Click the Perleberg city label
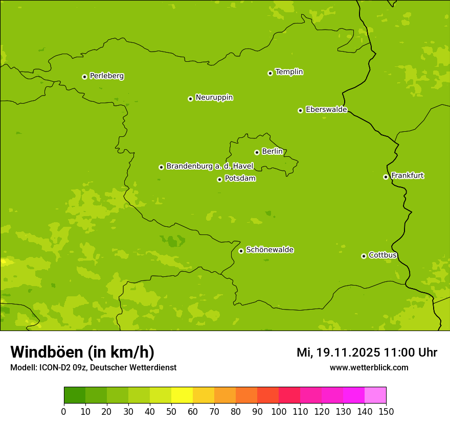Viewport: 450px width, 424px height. (x=106, y=76)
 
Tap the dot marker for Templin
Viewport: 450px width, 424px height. (x=270, y=73)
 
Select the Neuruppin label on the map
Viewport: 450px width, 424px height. (x=214, y=98)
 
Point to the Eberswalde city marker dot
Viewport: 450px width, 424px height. (x=300, y=110)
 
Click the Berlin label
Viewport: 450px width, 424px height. (x=272, y=152)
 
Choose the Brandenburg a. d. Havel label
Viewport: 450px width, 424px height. (x=210, y=167)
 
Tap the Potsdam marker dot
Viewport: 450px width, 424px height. (x=219, y=179)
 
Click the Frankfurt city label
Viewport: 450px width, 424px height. (x=407, y=176)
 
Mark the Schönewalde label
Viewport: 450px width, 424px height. (x=269, y=250)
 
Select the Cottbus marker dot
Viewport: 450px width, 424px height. (x=364, y=256)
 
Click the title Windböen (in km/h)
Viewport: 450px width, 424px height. (x=82, y=352)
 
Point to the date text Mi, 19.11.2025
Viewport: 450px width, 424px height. (x=338, y=352)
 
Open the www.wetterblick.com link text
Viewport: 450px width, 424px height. (x=369, y=368)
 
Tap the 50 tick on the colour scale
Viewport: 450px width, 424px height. (x=171, y=411)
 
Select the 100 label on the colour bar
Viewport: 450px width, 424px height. (x=279, y=411)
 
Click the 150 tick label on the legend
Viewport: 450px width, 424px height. (x=386, y=411)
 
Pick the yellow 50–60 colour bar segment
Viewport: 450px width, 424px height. (x=182, y=395)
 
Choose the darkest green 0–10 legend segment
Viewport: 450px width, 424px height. (x=75, y=395)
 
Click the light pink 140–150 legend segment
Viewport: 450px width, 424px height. (x=375, y=395)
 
